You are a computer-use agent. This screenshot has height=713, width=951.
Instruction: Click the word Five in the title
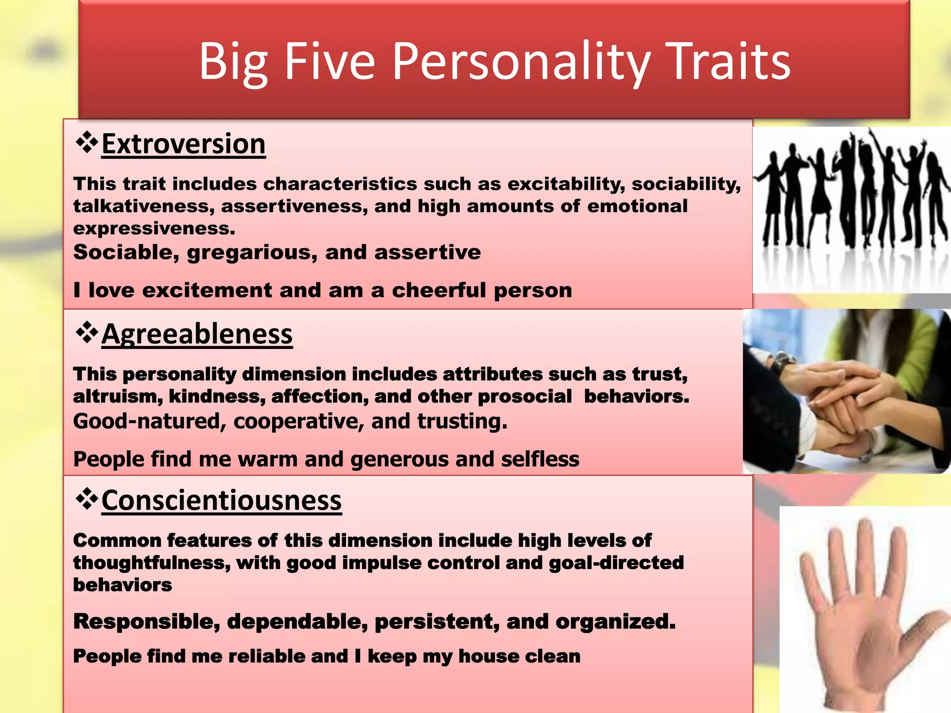click(x=329, y=62)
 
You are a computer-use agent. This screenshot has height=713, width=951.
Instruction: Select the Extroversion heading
click(x=183, y=144)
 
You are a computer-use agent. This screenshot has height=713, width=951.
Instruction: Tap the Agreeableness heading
click(x=197, y=334)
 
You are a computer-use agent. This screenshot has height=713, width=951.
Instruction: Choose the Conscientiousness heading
click(x=221, y=500)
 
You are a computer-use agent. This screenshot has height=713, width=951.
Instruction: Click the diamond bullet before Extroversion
click(x=86, y=143)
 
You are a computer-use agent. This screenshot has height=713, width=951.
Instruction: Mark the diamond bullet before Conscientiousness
click(x=86, y=499)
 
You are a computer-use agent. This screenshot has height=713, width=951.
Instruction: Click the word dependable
click(x=297, y=622)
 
